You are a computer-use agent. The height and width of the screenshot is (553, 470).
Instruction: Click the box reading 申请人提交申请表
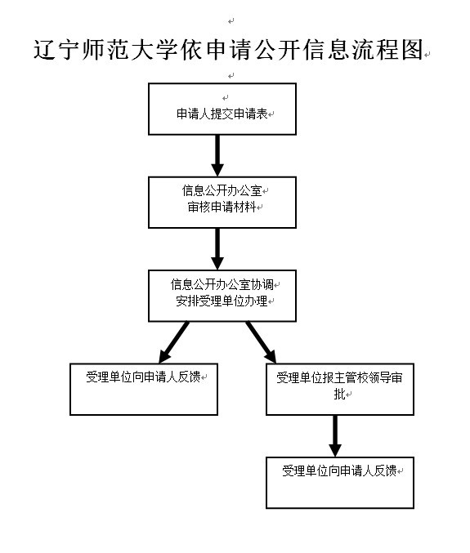pos(222,109)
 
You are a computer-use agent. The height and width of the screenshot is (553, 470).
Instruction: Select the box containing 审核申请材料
pos(222,203)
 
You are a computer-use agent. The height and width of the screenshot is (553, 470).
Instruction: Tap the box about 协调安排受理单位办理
pos(222,296)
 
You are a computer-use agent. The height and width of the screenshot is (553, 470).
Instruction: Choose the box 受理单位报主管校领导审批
pos(340,390)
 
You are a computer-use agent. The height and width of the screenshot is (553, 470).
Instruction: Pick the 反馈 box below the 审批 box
pos(340,483)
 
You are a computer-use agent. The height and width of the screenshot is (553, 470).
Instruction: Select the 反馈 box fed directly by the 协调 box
pos(144,390)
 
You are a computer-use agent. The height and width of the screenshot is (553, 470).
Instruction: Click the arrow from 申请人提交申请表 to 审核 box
pos(217,155)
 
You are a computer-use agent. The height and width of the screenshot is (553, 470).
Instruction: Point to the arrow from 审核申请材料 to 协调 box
pos(217,249)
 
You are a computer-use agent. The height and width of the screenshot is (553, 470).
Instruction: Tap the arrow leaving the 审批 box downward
pos(335,436)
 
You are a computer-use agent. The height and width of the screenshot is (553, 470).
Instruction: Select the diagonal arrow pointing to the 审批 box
pos(261,342)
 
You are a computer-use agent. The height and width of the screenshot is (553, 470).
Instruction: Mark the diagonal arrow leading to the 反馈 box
pos(174,342)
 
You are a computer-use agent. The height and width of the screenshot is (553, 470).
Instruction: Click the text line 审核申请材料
pos(222,207)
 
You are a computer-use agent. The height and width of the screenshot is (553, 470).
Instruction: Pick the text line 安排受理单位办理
pos(222,301)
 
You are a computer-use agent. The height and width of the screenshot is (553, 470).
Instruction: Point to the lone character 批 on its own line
pos(339,394)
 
